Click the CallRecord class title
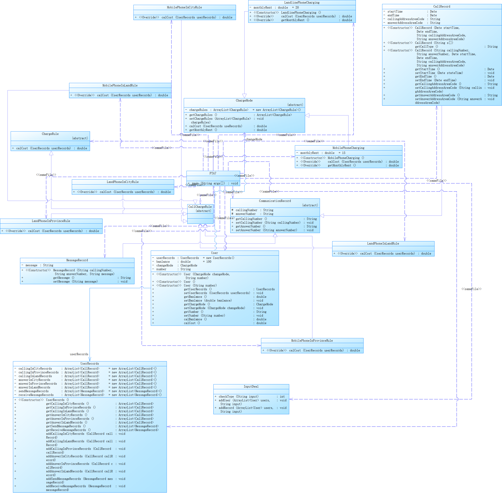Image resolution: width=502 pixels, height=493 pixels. point(441,6)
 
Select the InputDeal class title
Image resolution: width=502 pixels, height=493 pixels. point(251,387)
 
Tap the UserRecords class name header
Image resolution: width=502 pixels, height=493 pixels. point(90,364)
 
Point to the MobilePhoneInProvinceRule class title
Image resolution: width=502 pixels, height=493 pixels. point(312,341)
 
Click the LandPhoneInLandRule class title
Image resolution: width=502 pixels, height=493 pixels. point(383,243)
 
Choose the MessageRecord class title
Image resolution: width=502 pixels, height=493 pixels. point(77,260)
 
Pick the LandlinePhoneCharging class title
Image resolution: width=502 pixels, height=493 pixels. point(302,3)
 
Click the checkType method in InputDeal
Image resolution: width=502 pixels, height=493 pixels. point(238,396)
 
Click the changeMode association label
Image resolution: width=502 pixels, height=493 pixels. point(254,139)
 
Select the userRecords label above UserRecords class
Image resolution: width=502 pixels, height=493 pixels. point(79,354)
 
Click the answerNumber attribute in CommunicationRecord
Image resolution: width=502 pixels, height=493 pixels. point(245,214)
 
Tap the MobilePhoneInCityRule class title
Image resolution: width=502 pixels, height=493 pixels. point(184,7)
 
